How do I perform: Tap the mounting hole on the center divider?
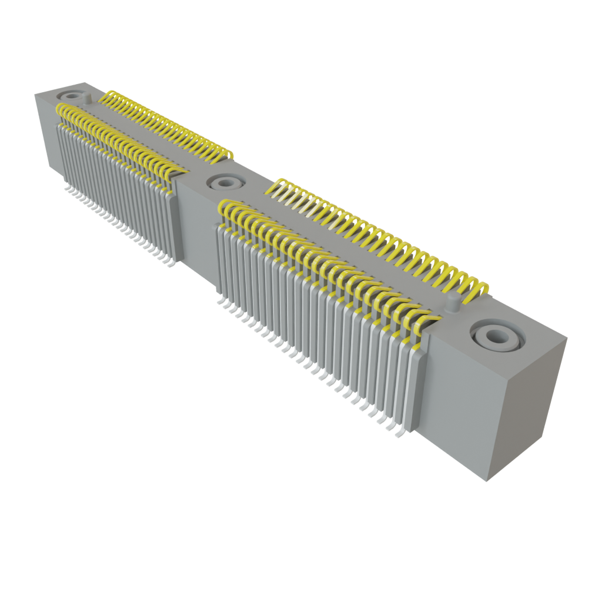(x=223, y=183)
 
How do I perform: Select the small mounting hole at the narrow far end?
(x=73, y=95)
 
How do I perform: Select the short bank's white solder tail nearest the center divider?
(x=169, y=263)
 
